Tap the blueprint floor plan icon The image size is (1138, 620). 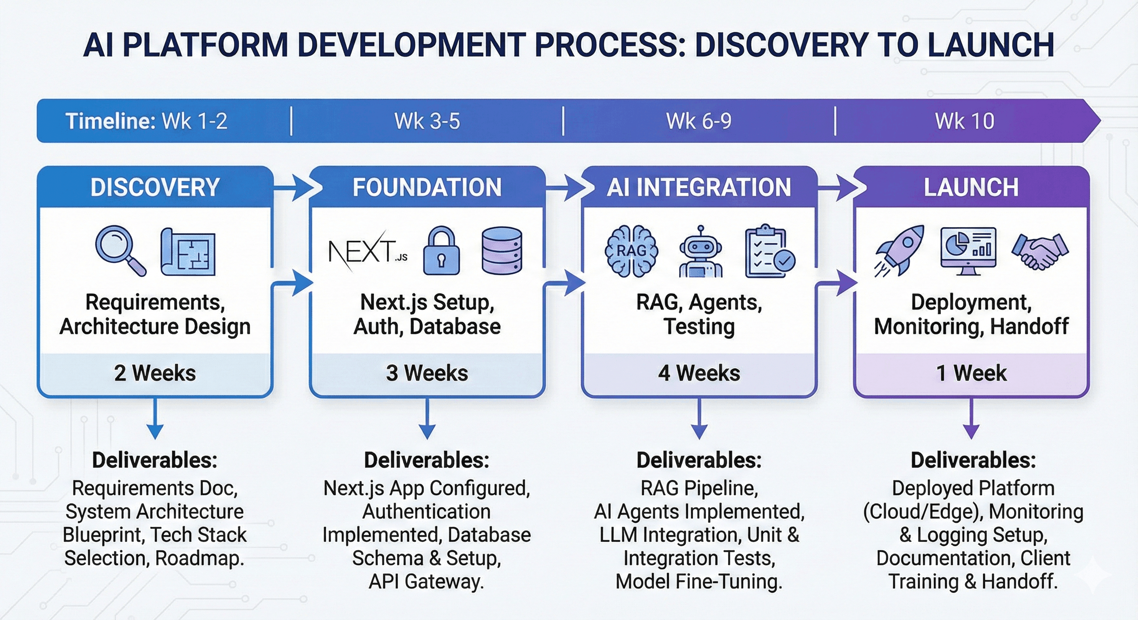[188, 252]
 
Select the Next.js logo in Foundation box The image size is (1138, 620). [367, 251]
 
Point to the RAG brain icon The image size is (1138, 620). [631, 251]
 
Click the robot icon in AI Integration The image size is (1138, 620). [701, 252]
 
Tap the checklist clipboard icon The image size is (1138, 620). [769, 251]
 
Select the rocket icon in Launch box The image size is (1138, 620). [900, 250]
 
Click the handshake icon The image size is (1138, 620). [1040, 251]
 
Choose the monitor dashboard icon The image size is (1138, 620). [968, 251]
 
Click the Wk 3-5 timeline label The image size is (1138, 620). [427, 121]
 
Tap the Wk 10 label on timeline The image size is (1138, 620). [964, 121]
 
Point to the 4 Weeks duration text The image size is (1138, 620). [699, 373]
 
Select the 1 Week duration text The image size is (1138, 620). [971, 373]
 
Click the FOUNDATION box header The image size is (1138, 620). [427, 187]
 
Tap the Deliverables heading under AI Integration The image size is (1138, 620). [699, 460]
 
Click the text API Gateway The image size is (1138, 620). [426, 581]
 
